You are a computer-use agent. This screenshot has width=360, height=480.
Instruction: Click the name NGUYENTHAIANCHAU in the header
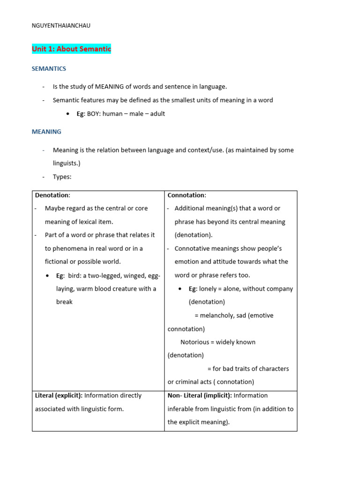61,26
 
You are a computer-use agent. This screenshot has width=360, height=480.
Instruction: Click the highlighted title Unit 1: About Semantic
71,49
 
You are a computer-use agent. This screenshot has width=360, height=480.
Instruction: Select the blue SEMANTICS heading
49,68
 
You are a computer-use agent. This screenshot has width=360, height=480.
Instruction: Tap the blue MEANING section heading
46,132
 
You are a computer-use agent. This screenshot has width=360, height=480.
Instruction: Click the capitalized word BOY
94,113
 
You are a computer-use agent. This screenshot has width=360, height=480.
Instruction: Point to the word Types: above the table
62,177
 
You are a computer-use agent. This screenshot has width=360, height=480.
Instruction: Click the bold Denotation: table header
52,195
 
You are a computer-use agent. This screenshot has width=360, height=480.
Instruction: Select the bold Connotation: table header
187,195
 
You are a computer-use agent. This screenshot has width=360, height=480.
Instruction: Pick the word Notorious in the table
195,342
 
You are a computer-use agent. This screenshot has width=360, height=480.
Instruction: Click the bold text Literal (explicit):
59,395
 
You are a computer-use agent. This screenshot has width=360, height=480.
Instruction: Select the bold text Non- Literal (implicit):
200,395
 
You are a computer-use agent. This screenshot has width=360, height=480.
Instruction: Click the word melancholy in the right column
218,315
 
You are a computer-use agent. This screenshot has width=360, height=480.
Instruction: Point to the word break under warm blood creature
64,302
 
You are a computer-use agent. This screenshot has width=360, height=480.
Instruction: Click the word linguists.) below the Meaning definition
67,163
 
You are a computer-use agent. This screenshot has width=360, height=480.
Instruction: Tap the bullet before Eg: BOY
68,114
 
